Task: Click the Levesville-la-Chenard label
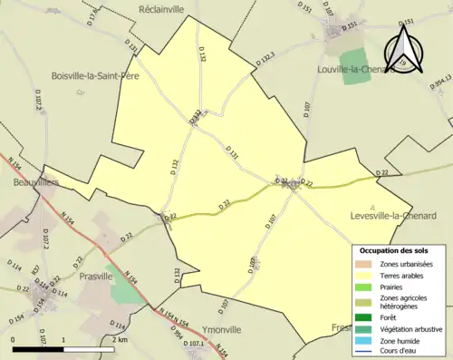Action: pyautogui.click(x=393, y=215)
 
